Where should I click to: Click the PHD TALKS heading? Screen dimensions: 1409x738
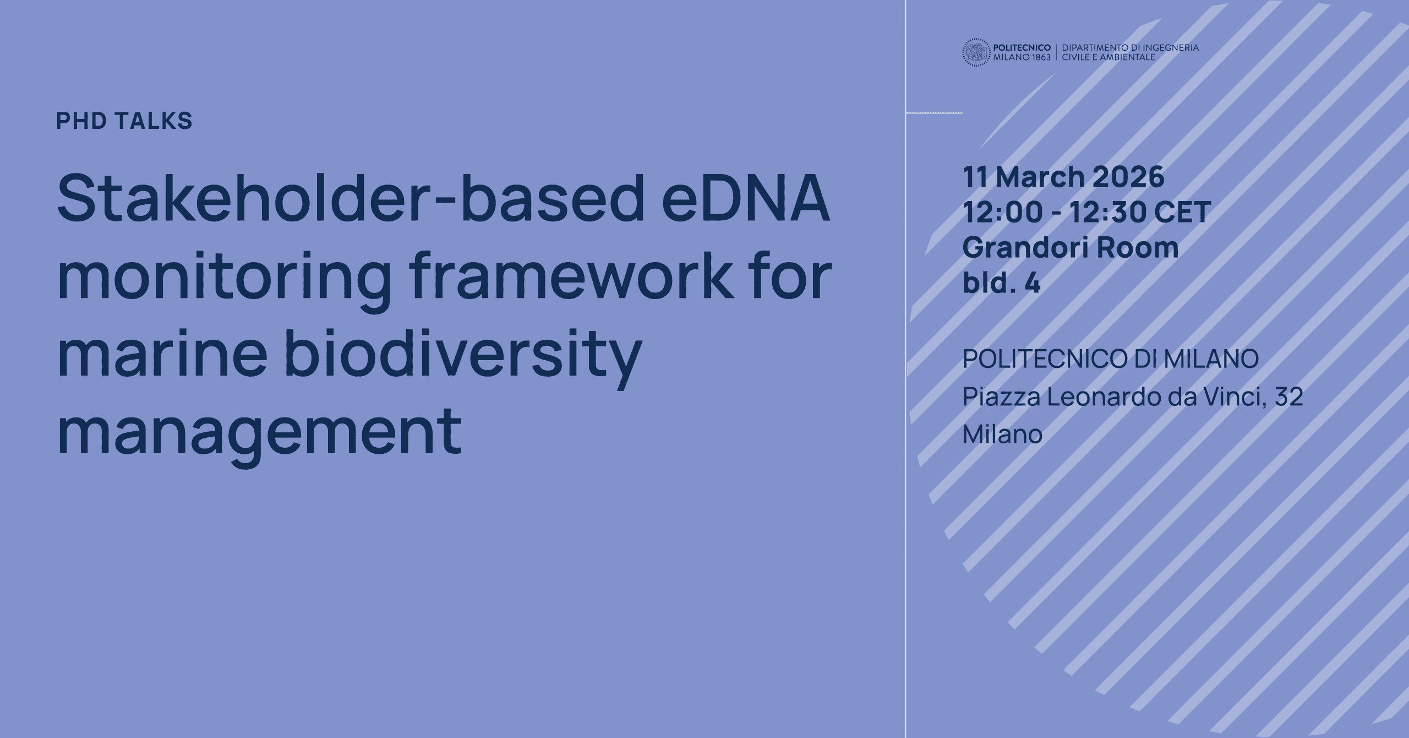click(124, 121)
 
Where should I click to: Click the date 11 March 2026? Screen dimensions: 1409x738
click(1063, 177)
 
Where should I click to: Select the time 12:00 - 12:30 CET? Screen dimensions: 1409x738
click(1086, 212)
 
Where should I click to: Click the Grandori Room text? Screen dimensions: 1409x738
click(1071, 247)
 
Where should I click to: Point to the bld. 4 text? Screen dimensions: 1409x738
click(1002, 283)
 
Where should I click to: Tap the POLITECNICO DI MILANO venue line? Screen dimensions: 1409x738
click(1111, 359)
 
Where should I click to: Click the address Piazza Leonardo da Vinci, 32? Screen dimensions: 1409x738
click(1133, 397)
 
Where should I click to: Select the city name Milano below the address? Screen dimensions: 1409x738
click(1002, 434)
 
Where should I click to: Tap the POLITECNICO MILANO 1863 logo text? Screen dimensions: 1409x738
click(1022, 53)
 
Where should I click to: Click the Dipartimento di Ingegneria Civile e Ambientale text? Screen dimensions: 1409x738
click(1131, 53)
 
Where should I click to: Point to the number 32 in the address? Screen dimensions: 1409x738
click(1288, 397)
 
